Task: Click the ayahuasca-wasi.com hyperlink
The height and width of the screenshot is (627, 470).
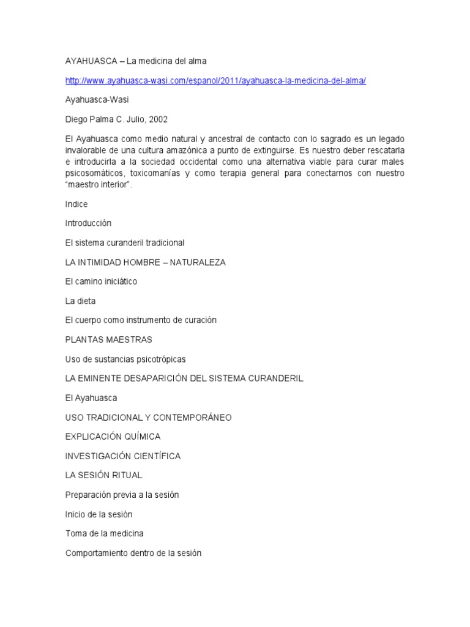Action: click(x=215, y=81)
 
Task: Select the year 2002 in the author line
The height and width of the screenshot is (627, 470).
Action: click(x=157, y=119)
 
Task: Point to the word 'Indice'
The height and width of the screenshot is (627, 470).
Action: click(x=76, y=204)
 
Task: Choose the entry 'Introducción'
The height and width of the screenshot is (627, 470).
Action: click(x=88, y=223)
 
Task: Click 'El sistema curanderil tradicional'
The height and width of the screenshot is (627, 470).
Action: click(x=125, y=243)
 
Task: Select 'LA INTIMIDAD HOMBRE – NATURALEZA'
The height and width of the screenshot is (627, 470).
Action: click(x=146, y=262)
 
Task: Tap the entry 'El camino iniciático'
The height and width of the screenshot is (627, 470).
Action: click(x=101, y=282)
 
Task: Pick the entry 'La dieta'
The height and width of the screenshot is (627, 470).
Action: click(x=80, y=301)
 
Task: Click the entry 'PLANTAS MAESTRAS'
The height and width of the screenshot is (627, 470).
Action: click(x=109, y=340)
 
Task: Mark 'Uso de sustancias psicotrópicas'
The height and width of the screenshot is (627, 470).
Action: click(x=125, y=359)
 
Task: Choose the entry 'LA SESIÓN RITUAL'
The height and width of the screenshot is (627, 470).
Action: click(x=103, y=475)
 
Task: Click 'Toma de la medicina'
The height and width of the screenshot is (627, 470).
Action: click(x=105, y=533)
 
